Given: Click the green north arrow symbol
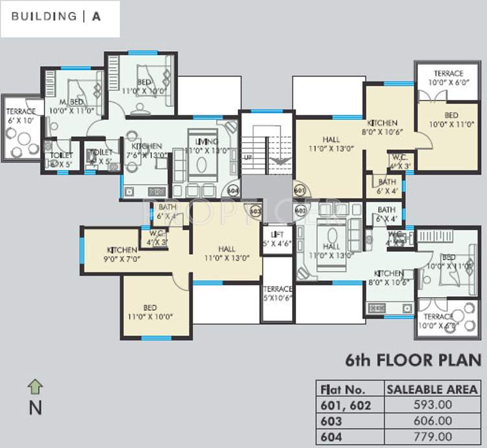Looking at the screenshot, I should click(34, 387).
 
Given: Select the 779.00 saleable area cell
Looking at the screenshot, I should click(432, 436).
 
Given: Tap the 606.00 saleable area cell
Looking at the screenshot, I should click(432, 421).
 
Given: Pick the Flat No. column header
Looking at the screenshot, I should click(343, 390).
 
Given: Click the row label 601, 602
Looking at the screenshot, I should click(345, 405).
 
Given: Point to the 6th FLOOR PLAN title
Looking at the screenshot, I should click(413, 360).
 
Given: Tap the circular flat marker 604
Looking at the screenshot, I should click(233, 191).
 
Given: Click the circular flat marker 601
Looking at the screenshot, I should click(299, 191).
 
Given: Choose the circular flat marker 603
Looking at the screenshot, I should click(255, 211).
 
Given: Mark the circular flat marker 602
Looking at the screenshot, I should click(300, 211).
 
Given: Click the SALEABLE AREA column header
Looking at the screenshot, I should click(432, 390).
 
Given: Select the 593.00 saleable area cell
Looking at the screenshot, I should click(432, 405).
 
